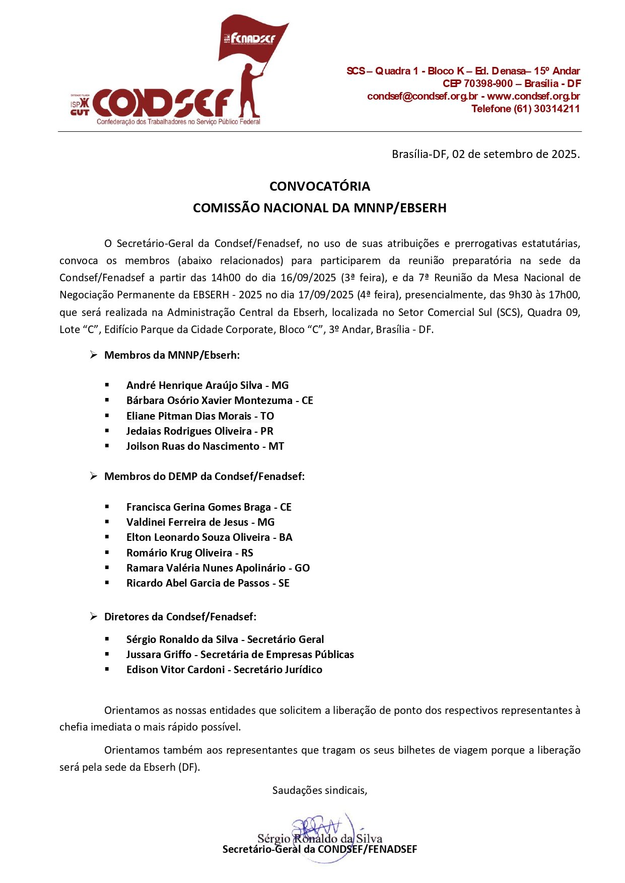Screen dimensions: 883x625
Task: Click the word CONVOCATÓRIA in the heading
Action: (320, 186)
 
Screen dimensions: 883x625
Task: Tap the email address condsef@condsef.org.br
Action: (422, 96)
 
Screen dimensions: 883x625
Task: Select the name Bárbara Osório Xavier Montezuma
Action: (209, 400)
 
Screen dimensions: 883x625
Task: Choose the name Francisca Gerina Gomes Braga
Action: (198, 507)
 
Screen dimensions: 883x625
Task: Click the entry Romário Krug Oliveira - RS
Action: (189, 553)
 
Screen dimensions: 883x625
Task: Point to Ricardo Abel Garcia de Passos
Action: (198, 583)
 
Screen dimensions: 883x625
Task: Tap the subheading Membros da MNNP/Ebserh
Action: (172, 355)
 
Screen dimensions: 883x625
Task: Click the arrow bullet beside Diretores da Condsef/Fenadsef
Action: (94, 616)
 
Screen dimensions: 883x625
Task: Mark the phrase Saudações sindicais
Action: (319, 790)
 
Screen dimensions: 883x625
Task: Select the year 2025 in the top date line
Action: (564, 154)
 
